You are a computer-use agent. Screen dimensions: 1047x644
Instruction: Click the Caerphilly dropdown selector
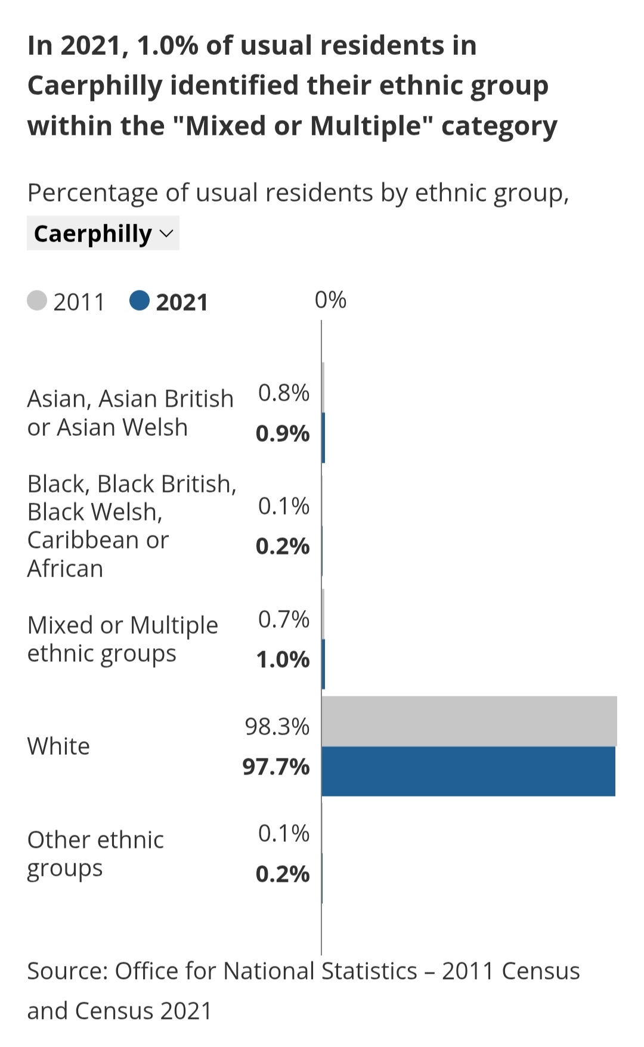pyautogui.click(x=103, y=233)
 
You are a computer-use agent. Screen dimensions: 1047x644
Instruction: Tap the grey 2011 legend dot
pyautogui.click(x=37, y=301)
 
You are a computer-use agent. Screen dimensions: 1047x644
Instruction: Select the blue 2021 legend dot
pyautogui.click(x=140, y=301)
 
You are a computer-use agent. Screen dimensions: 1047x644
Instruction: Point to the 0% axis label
pyautogui.click(x=330, y=300)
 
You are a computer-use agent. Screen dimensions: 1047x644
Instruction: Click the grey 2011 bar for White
pyautogui.click(x=469, y=721)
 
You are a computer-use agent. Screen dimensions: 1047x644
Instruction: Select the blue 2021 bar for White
pyautogui.click(x=468, y=771)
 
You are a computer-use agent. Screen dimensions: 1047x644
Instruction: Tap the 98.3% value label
pyautogui.click(x=277, y=727)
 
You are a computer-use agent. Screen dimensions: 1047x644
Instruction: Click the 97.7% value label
pyautogui.click(x=276, y=767)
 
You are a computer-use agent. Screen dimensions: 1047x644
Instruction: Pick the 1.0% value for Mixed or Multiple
pyautogui.click(x=283, y=659)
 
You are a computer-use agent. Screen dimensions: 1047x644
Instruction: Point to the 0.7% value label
pyautogui.click(x=284, y=619)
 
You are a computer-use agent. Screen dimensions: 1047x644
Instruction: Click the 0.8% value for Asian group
pyautogui.click(x=284, y=393)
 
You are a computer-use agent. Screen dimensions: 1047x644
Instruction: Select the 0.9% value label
pyautogui.click(x=283, y=433)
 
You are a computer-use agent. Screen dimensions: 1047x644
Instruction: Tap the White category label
pyautogui.click(x=58, y=746)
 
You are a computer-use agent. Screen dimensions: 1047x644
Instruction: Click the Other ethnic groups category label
pyautogui.click(x=95, y=854)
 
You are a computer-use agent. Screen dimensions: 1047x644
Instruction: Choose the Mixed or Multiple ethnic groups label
pyautogui.click(x=122, y=639)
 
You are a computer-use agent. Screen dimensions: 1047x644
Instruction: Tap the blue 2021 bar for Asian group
pyautogui.click(x=323, y=438)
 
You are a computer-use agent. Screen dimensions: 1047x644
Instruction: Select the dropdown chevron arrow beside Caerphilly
pyautogui.click(x=167, y=233)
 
